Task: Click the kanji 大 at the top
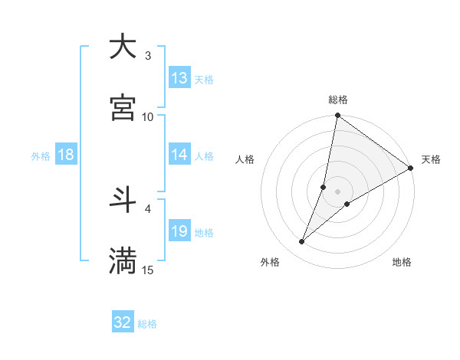(123, 47)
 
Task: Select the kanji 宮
(123, 108)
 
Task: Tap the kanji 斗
(123, 201)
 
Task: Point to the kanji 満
(123, 261)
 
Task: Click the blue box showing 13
(179, 78)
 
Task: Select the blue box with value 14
(179, 155)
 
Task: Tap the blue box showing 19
(179, 231)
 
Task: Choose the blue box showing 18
(65, 155)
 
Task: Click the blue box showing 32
(123, 322)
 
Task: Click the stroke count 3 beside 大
(148, 56)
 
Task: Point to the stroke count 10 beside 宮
(148, 116)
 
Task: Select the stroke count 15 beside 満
(148, 270)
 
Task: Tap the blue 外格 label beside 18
(41, 155)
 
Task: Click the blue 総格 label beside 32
(148, 324)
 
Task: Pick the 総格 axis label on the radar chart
(338, 100)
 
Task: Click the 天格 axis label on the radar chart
(431, 159)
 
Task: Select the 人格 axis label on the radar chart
(245, 159)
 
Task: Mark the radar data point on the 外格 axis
(302, 242)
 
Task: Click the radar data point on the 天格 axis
(411, 169)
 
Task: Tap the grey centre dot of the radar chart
(338, 191)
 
